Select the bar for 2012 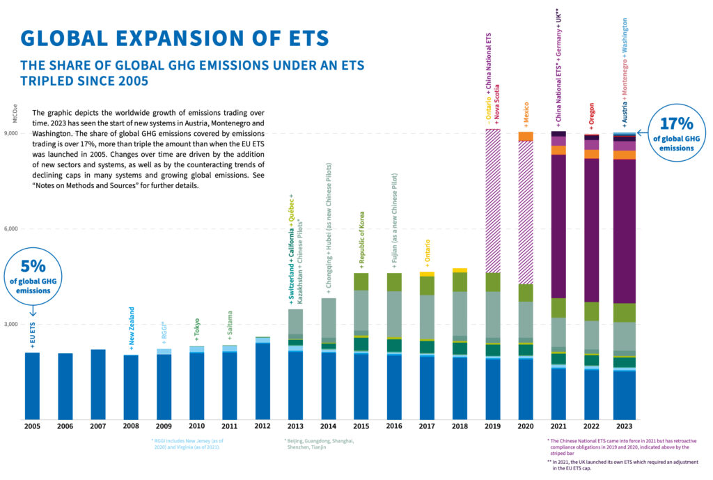coord(263,380)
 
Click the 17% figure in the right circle coord(675,124)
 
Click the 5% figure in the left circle coord(32,266)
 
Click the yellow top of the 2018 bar coord(460,270)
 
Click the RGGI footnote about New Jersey coord(189,444)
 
